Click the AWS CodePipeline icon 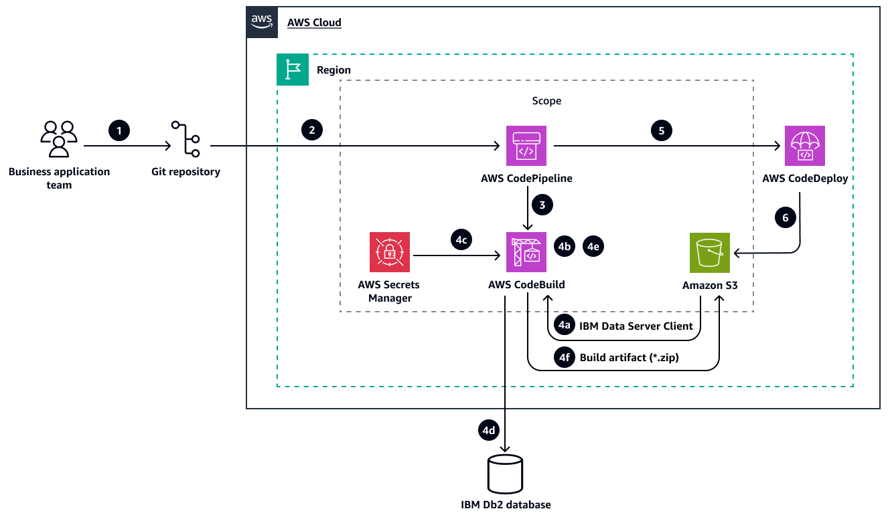pyautogui.click(x=526, y=146)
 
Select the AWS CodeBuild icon pyautogui.click(x=526, y=253)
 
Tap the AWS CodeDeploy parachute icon pyautogui.click(x=804, y=146)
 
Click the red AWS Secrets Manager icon pyautogui.click(x=390, y=253)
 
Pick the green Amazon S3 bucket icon pyautogui.click(x=710, y=253)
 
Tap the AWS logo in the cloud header pyautogui.click(x=262, y=22)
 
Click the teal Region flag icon pyautogui.click(x=293, y=70)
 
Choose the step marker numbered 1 pyautogui.click(x=119, y=130)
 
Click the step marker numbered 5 pyautogui.click(x=662, y=130)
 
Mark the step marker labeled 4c pyautogui.click(x=461, y=241)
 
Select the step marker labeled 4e pyautogui.click(x=593, y=246)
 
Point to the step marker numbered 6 pyautogui.click(x=785, y=217)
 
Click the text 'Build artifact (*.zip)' pyautogui.click(x=629, y=358)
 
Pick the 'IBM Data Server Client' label pyautogui.click(x=636, y=326)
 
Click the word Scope pyautogui.click(x=546, y=101)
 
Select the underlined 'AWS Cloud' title pyautogui.click(x=314, y=23)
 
